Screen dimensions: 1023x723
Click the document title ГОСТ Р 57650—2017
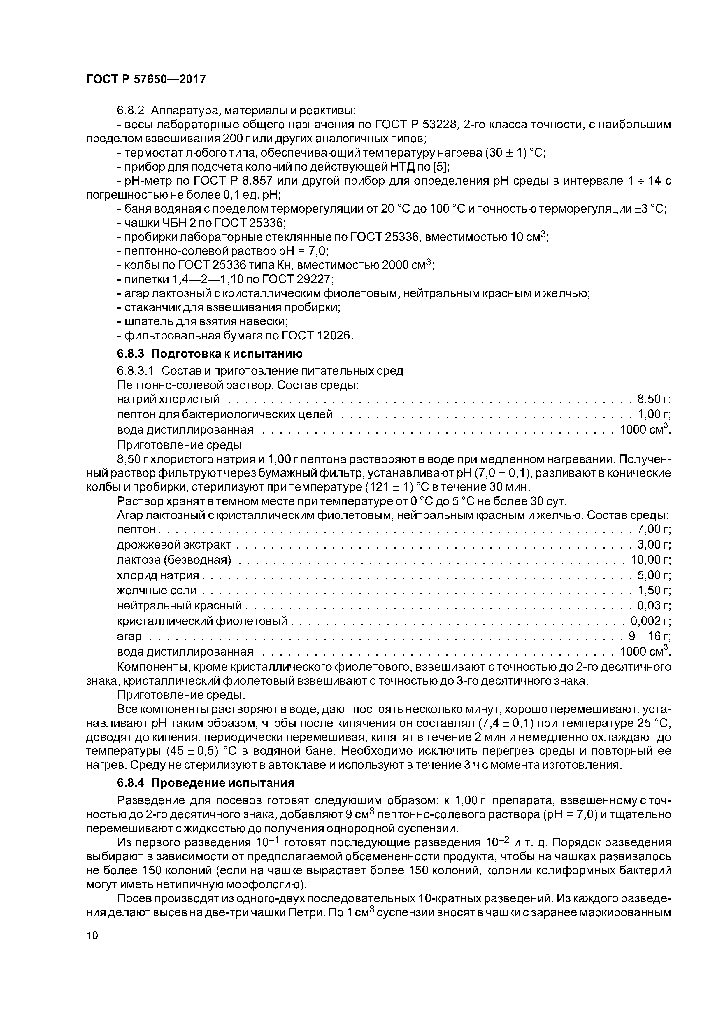146,79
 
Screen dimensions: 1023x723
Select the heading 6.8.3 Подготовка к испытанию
209,353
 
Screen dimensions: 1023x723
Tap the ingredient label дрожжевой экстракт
174,544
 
